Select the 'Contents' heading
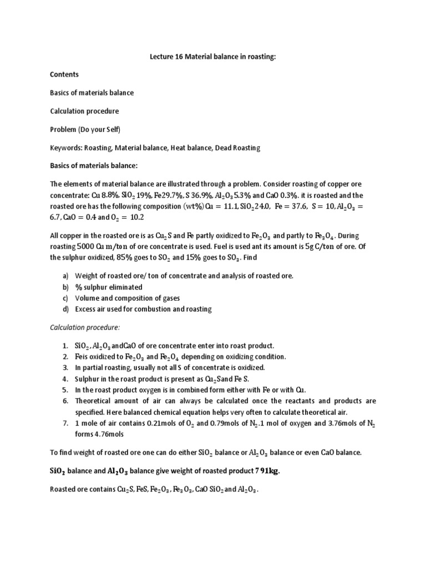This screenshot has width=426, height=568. [x=64, y=74]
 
